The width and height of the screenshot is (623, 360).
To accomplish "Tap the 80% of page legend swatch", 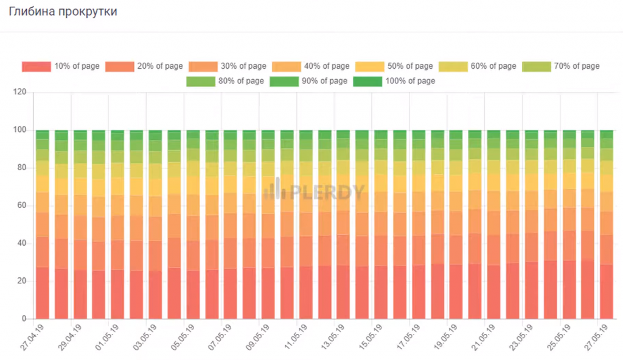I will pyautogui.click(x=201, y=81).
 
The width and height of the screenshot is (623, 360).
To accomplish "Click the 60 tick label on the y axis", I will pyautogui.click(x=23, y=206).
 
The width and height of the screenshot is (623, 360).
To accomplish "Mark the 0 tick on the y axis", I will pyautogui.click(x=24, y=319).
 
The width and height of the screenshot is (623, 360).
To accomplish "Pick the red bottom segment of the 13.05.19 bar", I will pyautogui.click(x=343, y=292).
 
